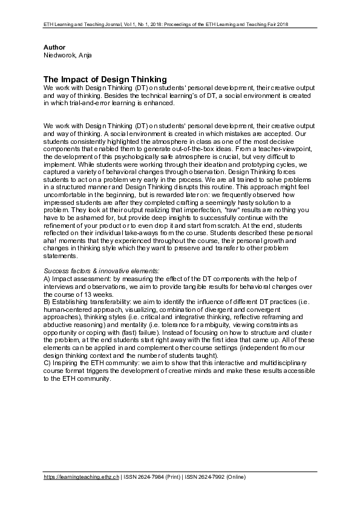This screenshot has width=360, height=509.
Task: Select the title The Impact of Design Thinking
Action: (x=105, y=79)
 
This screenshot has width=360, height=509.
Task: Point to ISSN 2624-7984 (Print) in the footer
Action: (x=155, y=477)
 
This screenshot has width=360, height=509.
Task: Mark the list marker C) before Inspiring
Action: (x=48, y=362)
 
